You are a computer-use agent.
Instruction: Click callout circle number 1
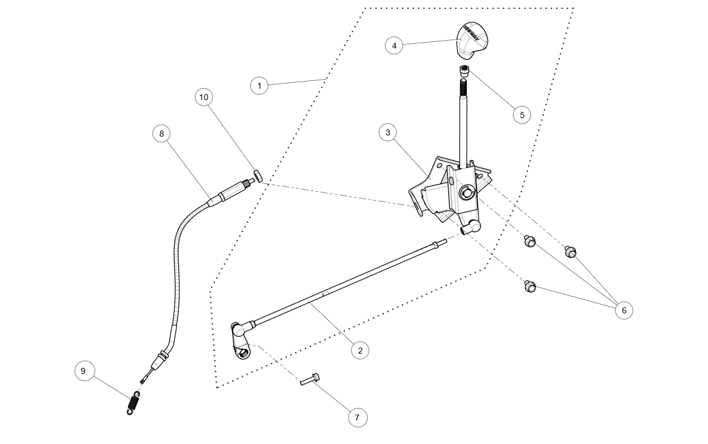click(259, 86)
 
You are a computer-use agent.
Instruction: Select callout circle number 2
click(360, 351)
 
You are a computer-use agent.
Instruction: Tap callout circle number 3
click(388, 132)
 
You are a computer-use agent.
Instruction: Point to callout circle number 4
click(394, 45)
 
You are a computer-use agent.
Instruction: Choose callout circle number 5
click(521, 114)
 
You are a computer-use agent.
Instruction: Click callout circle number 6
click(624, 310)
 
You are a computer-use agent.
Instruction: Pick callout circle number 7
click(357, 418)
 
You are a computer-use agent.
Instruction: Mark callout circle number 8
click(161, 134)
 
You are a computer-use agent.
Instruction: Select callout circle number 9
click(83, 371)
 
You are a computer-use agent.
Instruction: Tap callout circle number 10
click(204, 97)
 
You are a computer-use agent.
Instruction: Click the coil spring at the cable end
click(133, 402)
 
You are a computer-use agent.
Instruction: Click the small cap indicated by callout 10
click(257, 175)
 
